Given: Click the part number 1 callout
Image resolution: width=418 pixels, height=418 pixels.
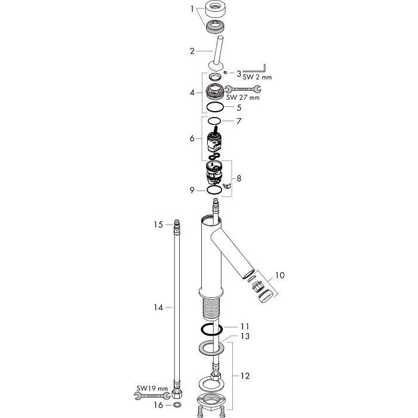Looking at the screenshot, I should [192, 9].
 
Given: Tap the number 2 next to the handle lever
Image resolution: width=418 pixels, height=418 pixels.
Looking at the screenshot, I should [192, 51].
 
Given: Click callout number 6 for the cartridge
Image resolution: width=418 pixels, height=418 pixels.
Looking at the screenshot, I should [192, 139].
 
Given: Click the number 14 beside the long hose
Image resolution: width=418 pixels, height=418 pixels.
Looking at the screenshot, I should [158, 308].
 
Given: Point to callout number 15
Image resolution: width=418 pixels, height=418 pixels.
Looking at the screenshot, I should [158, 225].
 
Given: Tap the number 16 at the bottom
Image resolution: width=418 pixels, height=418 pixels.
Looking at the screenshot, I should [158, 405].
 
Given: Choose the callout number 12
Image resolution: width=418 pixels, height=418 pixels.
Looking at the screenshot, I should [245, 376].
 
